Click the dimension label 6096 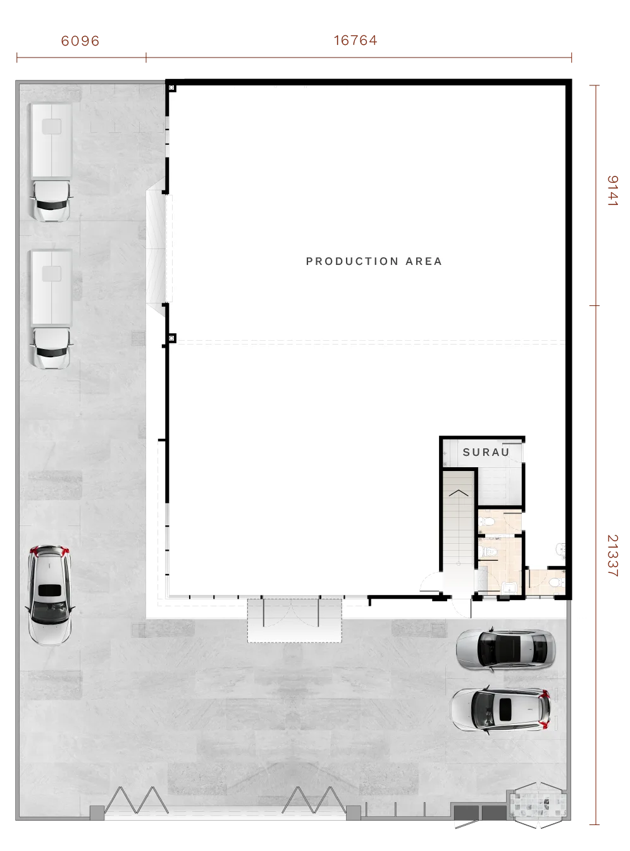(80, 40)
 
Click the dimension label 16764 (355, 40)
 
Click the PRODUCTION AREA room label (374, 261)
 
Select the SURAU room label (486, 452)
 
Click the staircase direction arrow (458, 493)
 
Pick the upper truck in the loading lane (51, 162)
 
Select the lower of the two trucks (51, 309)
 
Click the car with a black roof (505, 649)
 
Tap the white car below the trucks (50, 595)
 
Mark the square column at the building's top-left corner (171, 88)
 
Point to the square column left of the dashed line (171, 338)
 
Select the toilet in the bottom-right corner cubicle (556, 582)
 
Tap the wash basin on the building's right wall (561, 549)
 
